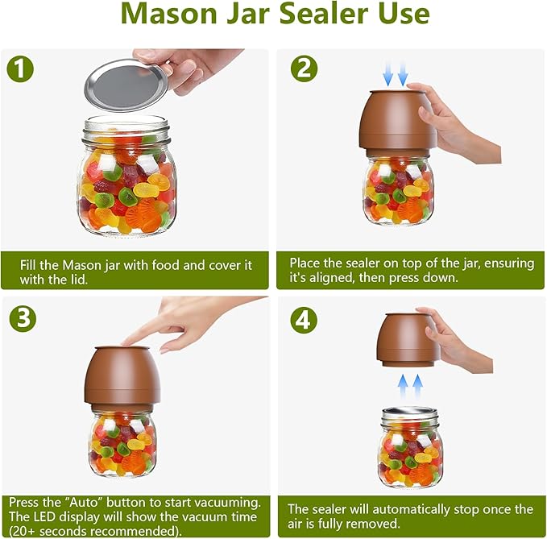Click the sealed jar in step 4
tap(411, 447)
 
